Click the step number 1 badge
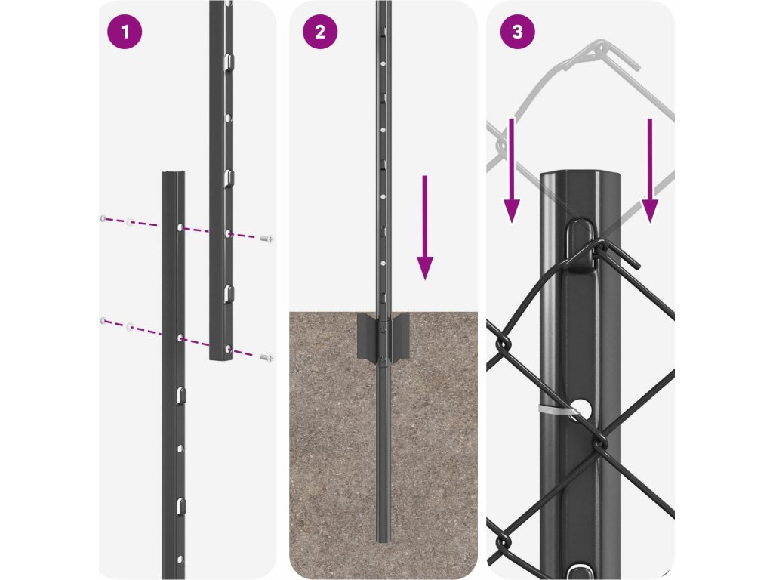(x=125, y=32)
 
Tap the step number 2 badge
(x=320, y=32)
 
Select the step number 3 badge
(x=516, y=32)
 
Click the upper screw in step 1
(x=265, y=239)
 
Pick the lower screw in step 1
(x=265, y=356)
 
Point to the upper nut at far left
(x=103, y=218)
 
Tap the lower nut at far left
(x=103, y=321)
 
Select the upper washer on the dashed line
(x=131, y=223)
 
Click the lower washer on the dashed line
(x=131, y=326)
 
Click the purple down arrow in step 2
(x=425, y=227)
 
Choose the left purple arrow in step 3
(x=512, y=170)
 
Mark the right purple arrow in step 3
(x=649, y=170)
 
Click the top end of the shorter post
(x=174, y=175)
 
